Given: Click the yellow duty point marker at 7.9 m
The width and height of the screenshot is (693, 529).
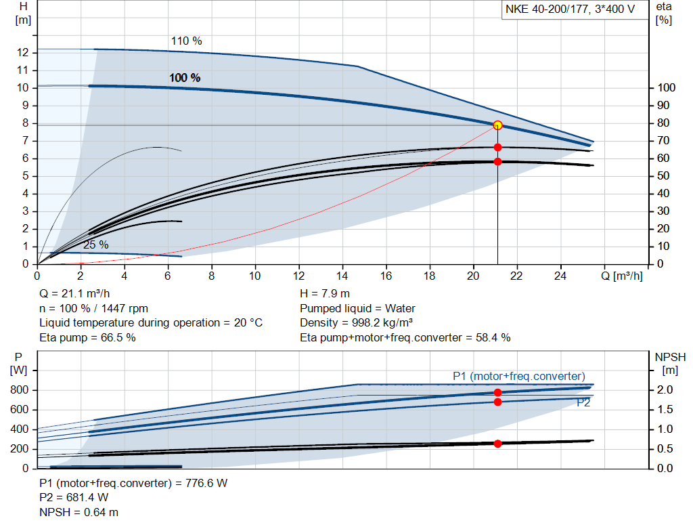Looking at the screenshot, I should coord(497,125).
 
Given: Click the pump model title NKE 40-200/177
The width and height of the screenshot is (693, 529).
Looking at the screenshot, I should coord(571,10).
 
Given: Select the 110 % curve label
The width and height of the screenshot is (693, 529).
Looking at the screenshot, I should coord(186,41).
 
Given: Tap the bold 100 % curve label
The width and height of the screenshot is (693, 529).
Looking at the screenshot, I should coord(185,78).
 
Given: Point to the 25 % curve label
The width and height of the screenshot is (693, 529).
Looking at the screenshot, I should coord(95,245).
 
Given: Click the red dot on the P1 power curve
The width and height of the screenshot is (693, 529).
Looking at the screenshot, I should coord(497,392).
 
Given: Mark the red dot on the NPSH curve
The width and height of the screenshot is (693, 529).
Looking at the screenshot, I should coord(497,444).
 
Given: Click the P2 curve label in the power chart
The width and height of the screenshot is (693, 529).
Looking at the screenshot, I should coord(584,402).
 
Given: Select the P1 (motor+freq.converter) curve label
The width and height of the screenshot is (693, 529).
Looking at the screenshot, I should coord(519,376).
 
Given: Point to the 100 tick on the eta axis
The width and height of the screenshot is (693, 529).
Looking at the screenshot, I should coord(666,88).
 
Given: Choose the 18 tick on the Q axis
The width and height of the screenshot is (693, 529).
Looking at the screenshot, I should coord(429,276).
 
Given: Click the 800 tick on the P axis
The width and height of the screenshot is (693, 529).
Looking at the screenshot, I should coord(19,390).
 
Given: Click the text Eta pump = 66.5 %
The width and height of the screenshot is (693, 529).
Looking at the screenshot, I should coord(87,337).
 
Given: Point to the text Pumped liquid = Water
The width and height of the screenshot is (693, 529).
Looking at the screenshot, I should coord(357,309).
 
